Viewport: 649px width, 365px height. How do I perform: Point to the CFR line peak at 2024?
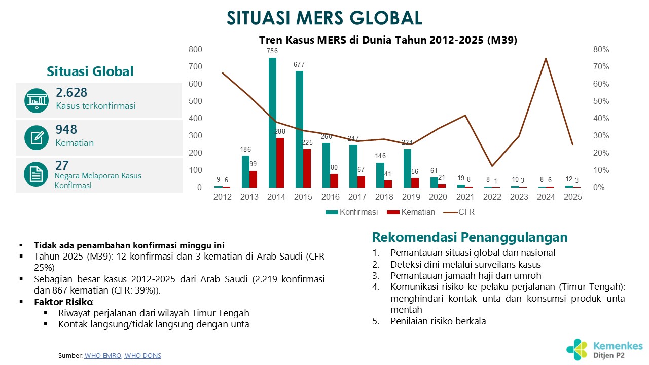click(x=546, y=59)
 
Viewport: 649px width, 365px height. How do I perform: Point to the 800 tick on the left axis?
click(x=195, y=49)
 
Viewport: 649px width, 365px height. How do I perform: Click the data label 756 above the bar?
click(x=273, y=51)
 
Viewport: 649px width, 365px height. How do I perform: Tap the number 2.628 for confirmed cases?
click(x=71, y=93)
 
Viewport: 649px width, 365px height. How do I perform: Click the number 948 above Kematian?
click(x=66, y=130)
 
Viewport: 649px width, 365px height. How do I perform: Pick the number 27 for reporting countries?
click(x=62, y=165)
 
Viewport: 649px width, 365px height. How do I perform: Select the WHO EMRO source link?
click(x=103, y=356)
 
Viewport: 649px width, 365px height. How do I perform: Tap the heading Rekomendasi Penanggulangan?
click(x=470, y=237)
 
